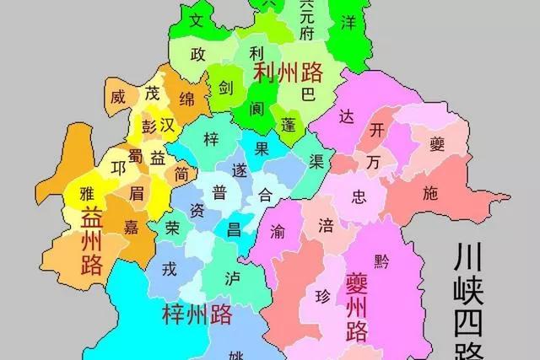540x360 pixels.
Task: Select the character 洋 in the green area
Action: [x=347, y=23]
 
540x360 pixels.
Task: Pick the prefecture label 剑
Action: [x=226, y=86]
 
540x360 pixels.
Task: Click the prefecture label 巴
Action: [x=309, y=94]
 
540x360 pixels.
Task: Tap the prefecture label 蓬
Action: [x=289, y=124]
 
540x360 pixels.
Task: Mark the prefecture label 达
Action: [x=346, y=116]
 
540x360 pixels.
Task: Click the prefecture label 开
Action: [x=377, y=130]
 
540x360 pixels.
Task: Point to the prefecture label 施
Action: [x=431, y=193]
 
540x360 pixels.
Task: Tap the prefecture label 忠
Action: [x=359, y=197]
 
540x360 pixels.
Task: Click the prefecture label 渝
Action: [x=278, y=230]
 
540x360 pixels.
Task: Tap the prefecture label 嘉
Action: [x=132, y=227]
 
